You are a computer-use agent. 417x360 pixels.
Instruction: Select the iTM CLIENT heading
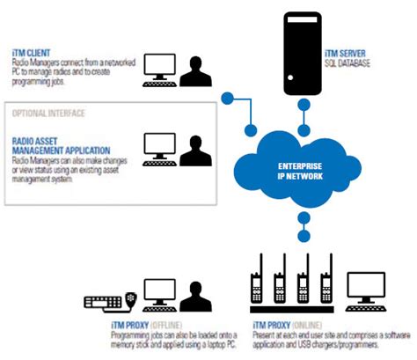click(x=32, y=54)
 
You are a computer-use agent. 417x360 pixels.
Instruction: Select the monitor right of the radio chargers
click(x=370, y=289)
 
